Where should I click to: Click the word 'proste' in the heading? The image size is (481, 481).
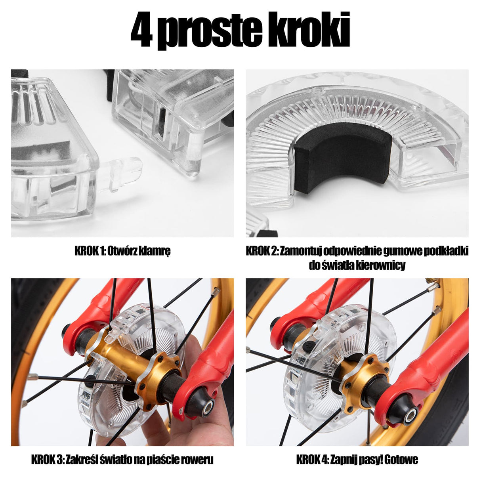[212, 31]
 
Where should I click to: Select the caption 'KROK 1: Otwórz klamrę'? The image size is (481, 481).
[122, 251]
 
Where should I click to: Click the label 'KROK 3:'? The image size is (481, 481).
[47, 460]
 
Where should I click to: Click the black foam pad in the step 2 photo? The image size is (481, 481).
[343, 160]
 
